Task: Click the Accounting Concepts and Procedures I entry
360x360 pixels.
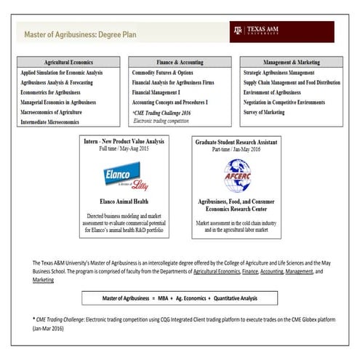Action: pos(177,103)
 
